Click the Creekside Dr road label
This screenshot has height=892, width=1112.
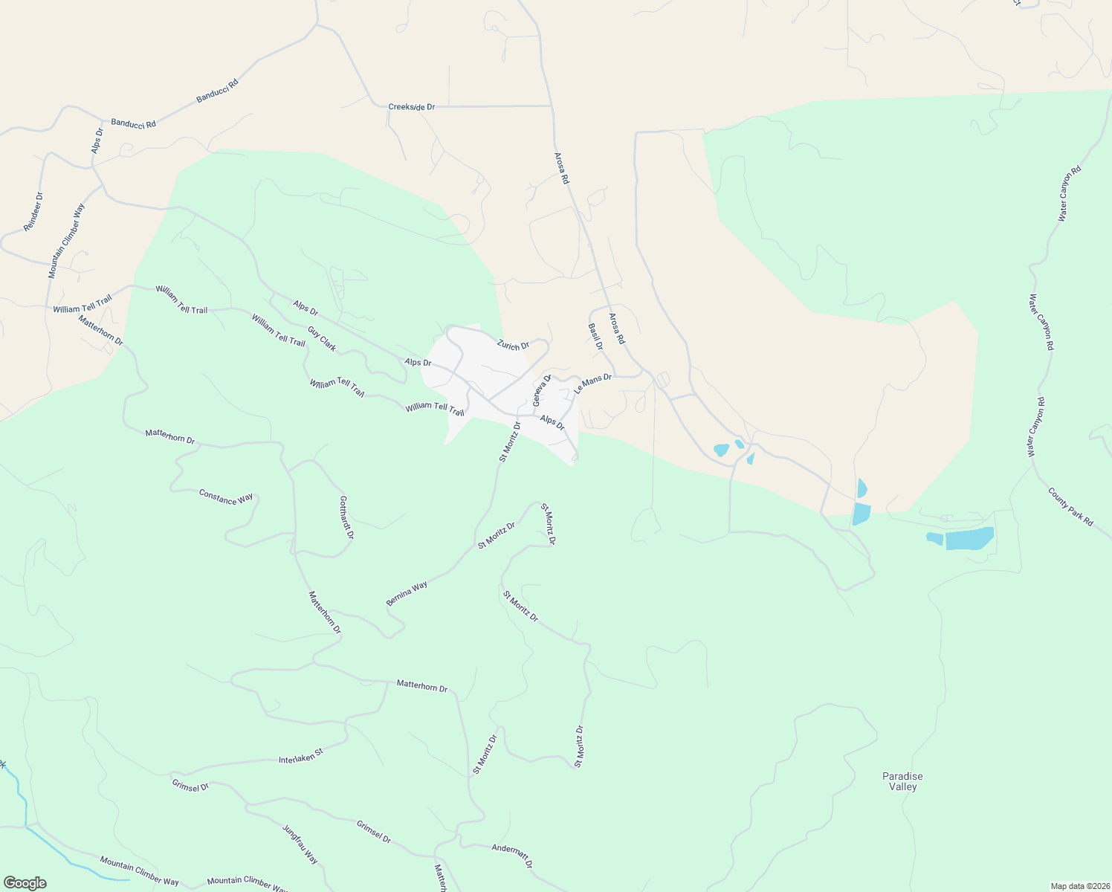click(411, 107)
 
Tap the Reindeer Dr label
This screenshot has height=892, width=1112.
click(33, 212)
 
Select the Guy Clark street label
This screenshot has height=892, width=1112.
click(322, 338)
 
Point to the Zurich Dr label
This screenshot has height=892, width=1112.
click(513, 346)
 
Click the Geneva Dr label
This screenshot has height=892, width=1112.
click(542, 390)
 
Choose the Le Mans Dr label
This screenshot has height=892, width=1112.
click(592, 384)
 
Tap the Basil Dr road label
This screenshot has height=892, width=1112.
click(595, 337)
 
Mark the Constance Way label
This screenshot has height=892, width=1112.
click(226, 497)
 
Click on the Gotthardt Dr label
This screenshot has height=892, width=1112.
click(346, 517)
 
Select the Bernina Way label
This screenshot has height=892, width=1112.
click(407, 593)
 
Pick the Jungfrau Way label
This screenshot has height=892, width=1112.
click(300, 844)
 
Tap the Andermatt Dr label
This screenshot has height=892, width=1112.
click(512, 856)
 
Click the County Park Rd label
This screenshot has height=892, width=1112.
click(1070, 508)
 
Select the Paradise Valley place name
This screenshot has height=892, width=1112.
click(902, 781)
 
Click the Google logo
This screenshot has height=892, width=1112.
click(25, 883)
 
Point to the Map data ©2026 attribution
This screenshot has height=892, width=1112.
click(1079, 886)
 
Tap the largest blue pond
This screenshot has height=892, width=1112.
click(969, 538)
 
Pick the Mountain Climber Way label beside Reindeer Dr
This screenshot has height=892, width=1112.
click(66, 242)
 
